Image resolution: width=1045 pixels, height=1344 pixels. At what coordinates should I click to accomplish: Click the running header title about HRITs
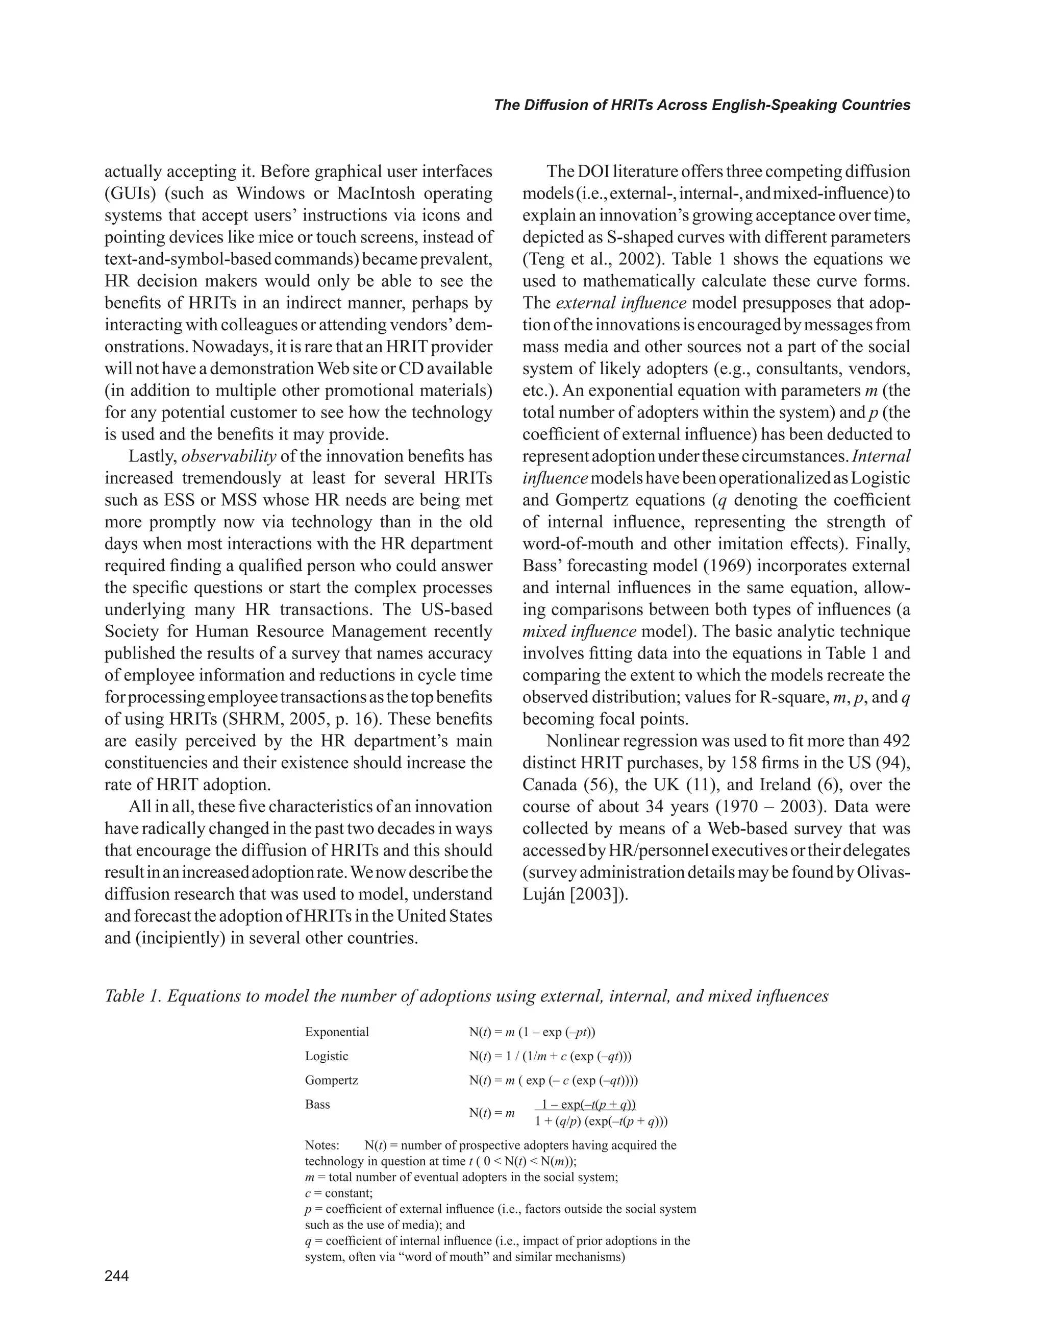pyautogui.click(x=702, y=105)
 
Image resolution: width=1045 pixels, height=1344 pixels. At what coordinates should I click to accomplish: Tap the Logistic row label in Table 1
pyautogui.click(x=327, y=1056)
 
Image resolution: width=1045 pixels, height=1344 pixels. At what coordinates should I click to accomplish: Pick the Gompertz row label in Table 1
pyautogui.click(x=332, y=1080)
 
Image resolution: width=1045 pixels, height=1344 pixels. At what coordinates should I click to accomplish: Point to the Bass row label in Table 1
pyautogui.click(x=317, y=1104)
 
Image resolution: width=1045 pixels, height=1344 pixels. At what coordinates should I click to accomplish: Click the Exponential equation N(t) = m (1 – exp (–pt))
pyautogui.click(x=532, y=1032)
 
